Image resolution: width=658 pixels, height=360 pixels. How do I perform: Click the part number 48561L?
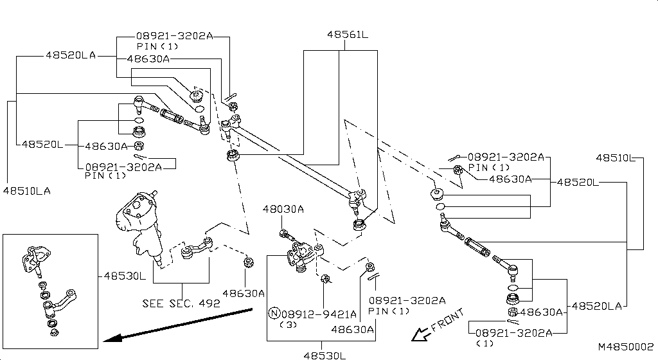346,35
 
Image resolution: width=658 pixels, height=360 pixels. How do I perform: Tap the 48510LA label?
26,190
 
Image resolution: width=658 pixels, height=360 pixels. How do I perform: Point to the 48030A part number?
283,209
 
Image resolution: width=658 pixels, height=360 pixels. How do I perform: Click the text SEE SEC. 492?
181,303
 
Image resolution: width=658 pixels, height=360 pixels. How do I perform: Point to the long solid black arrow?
180,325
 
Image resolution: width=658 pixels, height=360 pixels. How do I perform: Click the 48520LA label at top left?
70,55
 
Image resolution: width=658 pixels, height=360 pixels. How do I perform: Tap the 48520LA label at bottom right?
597,306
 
